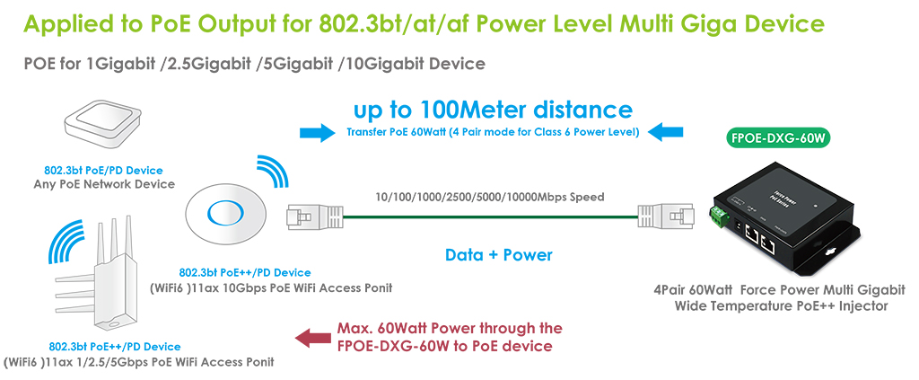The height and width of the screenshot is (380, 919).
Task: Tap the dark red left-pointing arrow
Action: (x=312, y=337)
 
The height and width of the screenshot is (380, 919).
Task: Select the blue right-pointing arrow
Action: (x=317, y=133)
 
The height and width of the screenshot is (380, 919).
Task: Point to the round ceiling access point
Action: (x=223, y=211)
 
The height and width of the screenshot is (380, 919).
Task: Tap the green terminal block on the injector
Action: (x=719, y=217)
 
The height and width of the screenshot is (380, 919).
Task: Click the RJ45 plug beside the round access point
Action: (x=313, y=217)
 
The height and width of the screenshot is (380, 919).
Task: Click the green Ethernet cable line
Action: (x=490, y=217)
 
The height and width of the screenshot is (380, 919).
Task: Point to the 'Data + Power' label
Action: (x=499, y=254)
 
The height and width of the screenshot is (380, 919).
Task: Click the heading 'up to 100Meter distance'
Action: (x=493, y=110)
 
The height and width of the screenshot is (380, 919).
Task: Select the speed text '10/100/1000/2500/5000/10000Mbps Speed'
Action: (x=490, y=197)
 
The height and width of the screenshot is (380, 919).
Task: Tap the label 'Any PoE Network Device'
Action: (x=104, y=184)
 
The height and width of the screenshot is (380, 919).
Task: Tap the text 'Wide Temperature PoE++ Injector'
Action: (x=781, y=305)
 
